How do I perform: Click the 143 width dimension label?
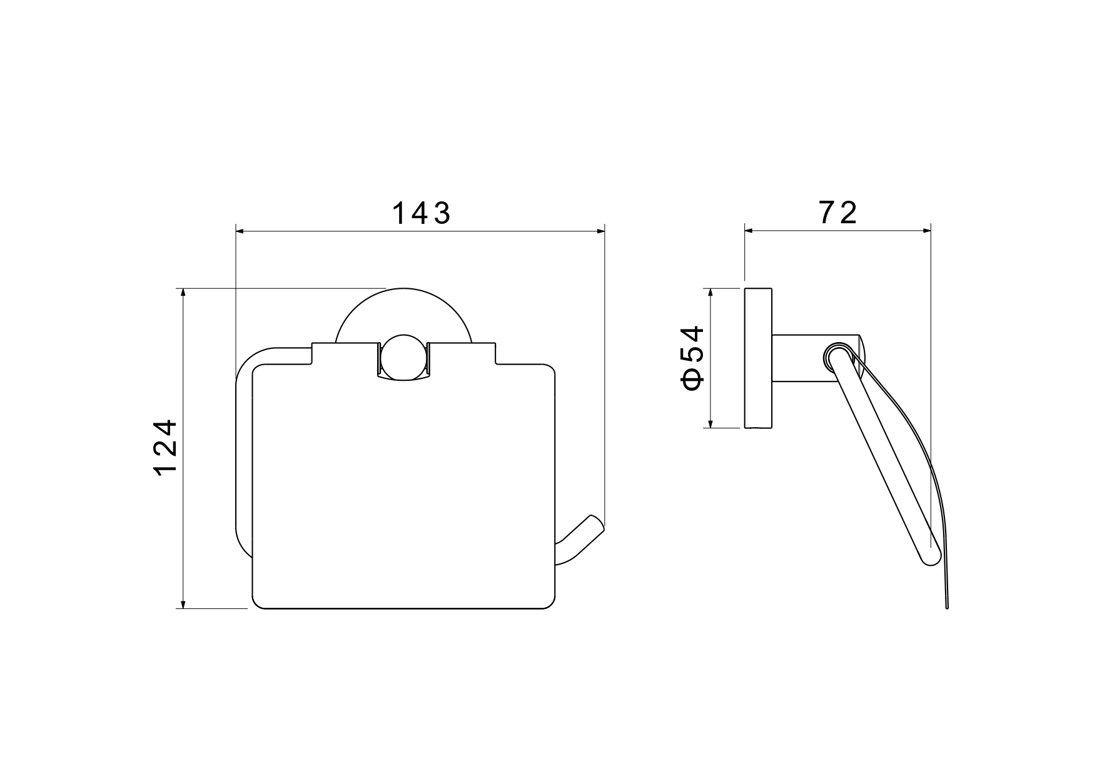coord(421,214)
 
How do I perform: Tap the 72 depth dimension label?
coord(837,213)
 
